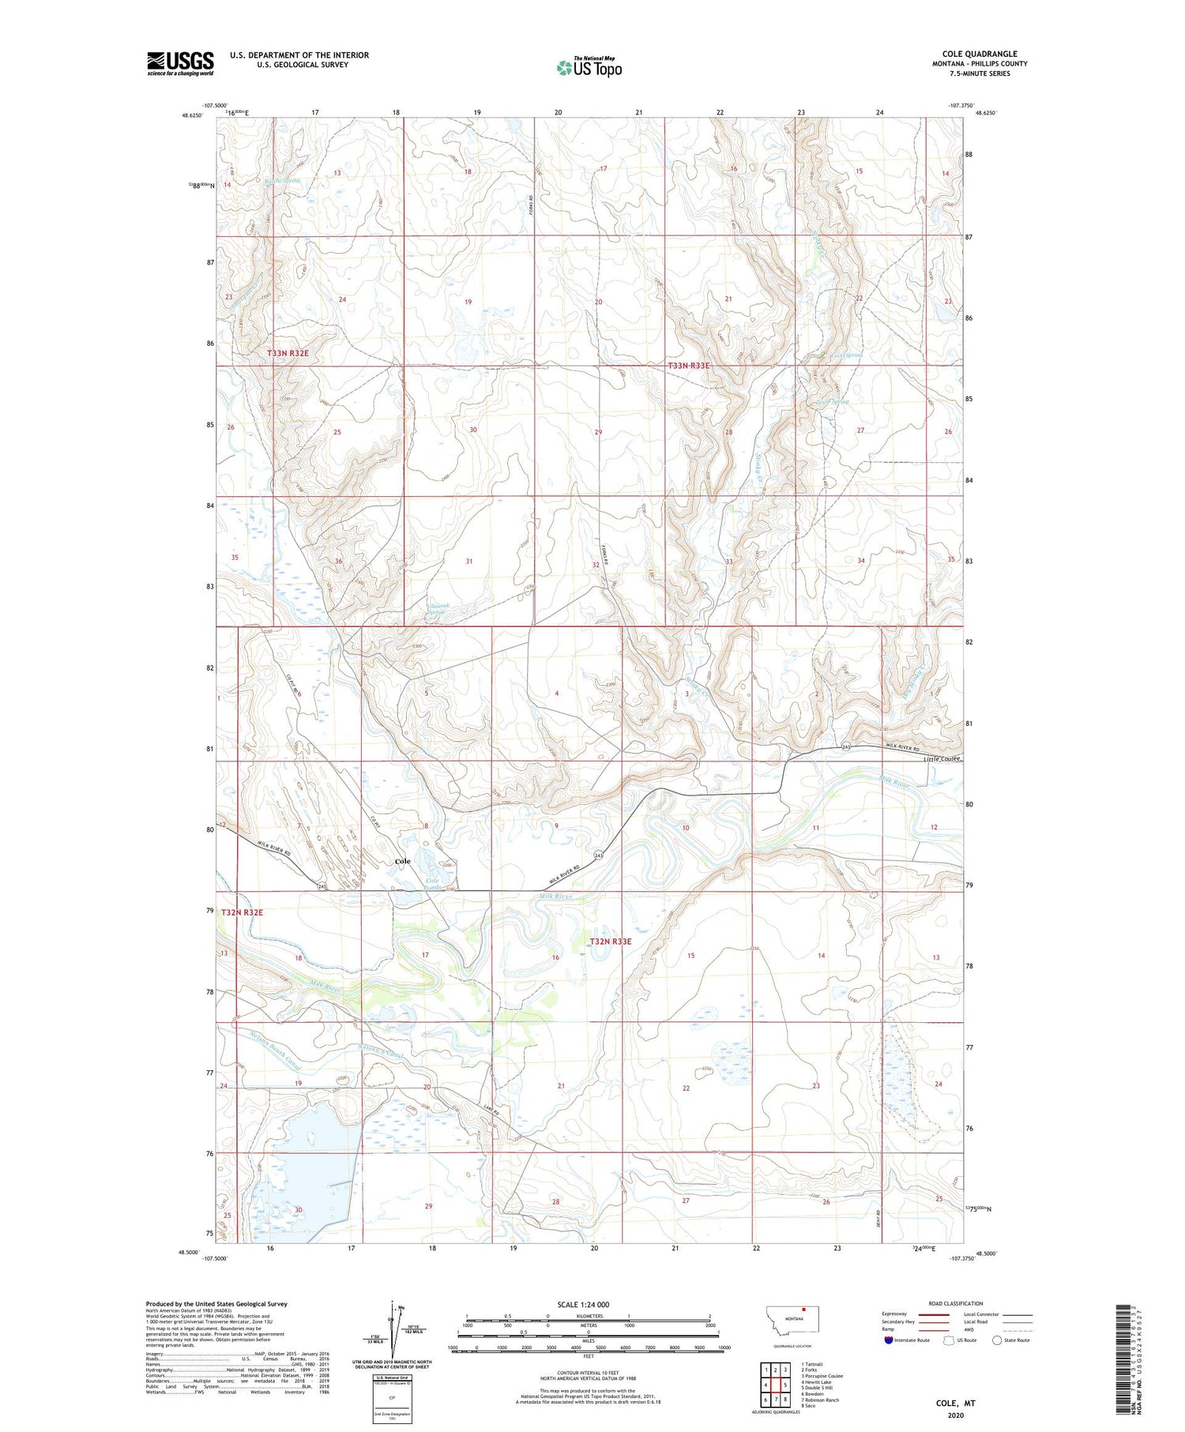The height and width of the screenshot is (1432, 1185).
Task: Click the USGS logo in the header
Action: [180, 63]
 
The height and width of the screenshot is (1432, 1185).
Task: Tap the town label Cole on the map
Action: [403, 861]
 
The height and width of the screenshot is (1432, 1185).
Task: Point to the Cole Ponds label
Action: [434, 884]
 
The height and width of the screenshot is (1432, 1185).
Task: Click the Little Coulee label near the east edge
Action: [942, 759]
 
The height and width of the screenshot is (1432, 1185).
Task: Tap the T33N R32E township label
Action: [288, 353]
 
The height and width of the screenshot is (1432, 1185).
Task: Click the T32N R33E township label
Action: [611, 942]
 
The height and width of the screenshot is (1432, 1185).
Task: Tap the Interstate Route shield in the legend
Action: [888, 1340]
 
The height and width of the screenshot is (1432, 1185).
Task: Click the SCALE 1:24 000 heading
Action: [583, 1304]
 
